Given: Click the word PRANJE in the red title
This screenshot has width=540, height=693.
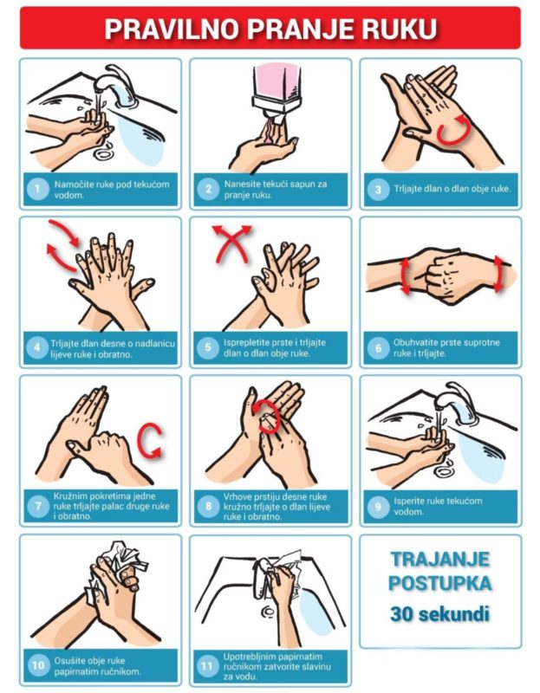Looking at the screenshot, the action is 301,29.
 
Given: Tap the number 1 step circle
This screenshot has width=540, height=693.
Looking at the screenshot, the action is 37,189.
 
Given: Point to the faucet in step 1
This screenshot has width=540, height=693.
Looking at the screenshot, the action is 116,85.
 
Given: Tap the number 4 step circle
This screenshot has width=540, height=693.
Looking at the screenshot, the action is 37,348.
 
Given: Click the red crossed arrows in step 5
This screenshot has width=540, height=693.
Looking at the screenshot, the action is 231,244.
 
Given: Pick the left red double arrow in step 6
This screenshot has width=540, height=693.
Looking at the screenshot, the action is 405,277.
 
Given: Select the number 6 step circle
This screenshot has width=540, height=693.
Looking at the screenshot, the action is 378,348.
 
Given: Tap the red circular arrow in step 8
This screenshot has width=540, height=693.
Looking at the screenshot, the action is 268,418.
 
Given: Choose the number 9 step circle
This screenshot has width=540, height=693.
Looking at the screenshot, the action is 378,507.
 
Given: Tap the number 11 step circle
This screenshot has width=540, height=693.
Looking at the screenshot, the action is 207,665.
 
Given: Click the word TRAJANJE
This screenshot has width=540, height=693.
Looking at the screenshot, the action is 440,559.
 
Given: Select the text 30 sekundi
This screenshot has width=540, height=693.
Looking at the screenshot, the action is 440,614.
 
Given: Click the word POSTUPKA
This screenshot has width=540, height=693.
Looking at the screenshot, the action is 440,583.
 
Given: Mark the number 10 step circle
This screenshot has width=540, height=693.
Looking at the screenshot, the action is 37,665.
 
